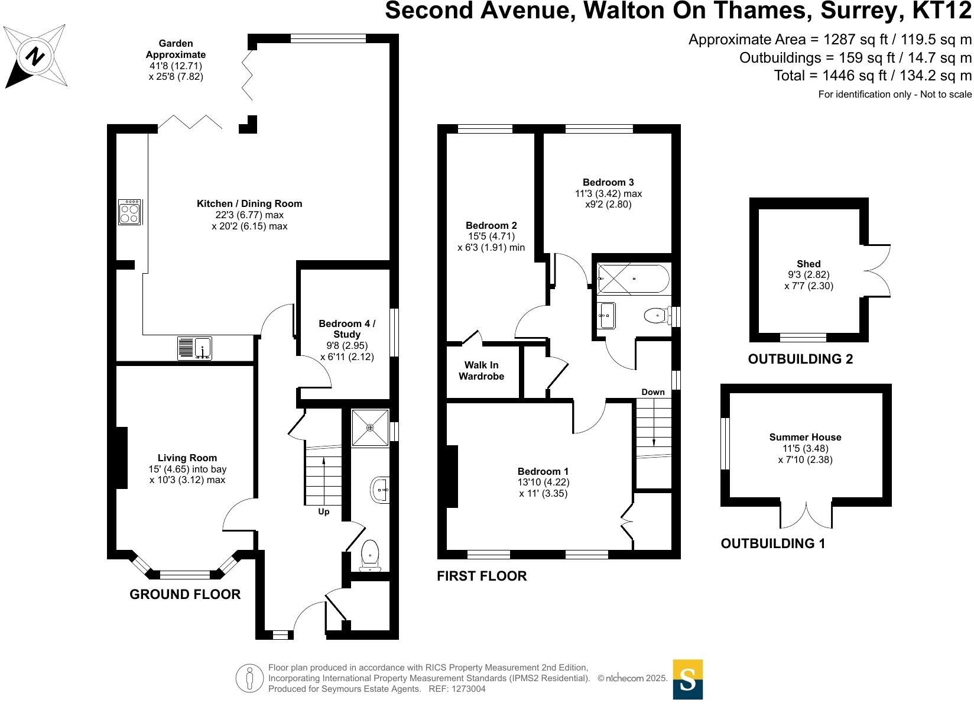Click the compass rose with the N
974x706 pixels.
point(35,57)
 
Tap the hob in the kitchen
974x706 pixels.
point(129,212)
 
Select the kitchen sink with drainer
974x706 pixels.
point(194,348)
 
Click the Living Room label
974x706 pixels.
point(187,458)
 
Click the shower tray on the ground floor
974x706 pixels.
point(370,427)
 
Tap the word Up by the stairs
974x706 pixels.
point(324,511)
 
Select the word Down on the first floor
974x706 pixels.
point(653,392)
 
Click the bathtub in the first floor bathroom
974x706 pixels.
point(633,278)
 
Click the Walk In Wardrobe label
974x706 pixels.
point(482,371)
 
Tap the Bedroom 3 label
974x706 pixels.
point(608,182)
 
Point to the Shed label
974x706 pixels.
point(809,264)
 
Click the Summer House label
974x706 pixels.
point(805,438)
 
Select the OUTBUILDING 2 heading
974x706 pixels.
point(800,359)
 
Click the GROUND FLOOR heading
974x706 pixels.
point(185,595)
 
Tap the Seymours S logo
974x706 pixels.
point(688,679)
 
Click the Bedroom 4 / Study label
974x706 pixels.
point(347,329)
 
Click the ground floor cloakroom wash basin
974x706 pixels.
point(380,490)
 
